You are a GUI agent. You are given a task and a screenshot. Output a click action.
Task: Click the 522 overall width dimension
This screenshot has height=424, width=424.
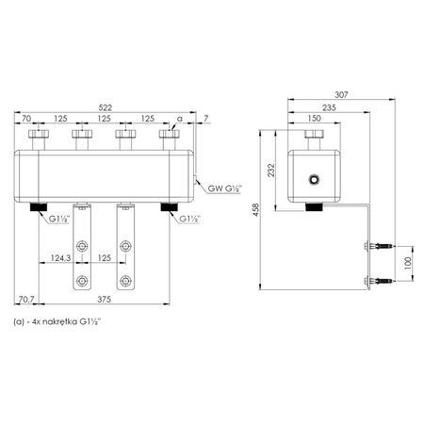106,107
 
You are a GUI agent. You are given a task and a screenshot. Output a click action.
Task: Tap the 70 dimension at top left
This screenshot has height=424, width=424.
26,119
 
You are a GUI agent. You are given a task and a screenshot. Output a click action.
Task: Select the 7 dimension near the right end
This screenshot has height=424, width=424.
205,119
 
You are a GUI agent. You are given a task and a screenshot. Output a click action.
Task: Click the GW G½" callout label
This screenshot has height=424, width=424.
225,188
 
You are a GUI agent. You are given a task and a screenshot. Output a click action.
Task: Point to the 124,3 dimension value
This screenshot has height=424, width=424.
60,258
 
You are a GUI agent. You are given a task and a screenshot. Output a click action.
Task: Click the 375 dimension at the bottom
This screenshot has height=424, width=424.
104,300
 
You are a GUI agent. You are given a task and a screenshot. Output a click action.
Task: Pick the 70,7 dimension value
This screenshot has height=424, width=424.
26,300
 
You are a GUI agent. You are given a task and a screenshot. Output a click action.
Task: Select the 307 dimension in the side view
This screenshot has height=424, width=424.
341,94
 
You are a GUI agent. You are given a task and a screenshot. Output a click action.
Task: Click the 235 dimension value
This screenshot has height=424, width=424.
329,107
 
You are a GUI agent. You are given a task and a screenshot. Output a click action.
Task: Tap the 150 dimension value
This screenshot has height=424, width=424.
314,118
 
